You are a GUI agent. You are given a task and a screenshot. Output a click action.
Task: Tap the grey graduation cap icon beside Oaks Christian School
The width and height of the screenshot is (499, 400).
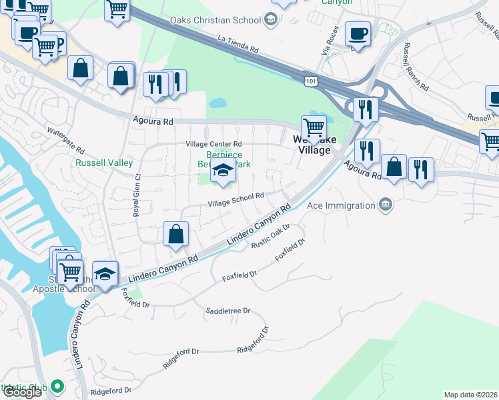point(271,19)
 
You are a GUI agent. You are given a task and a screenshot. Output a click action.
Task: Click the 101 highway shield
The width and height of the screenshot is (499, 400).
point(311,81)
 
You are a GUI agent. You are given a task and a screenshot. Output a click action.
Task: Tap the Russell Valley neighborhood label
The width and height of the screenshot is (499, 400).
point(104,163)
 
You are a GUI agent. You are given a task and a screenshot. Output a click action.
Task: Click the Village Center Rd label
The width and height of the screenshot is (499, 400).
point(213,143)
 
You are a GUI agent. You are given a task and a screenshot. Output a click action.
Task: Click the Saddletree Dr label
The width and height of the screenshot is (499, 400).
point(227,311)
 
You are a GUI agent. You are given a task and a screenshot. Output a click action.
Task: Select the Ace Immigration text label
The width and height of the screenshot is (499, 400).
point(341,205)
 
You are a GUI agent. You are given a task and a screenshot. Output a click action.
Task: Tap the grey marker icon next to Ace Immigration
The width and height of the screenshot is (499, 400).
point(385,205)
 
